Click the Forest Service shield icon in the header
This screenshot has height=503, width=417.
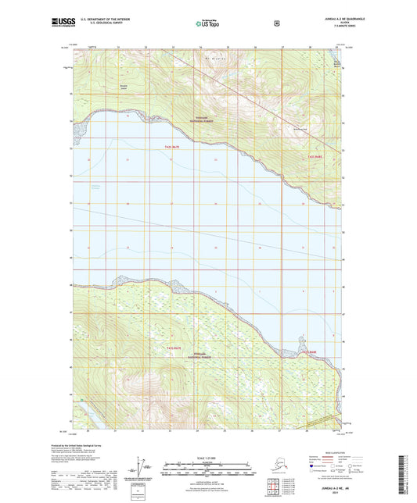coord(276,23)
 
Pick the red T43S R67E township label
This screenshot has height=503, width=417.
coord(173,346)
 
